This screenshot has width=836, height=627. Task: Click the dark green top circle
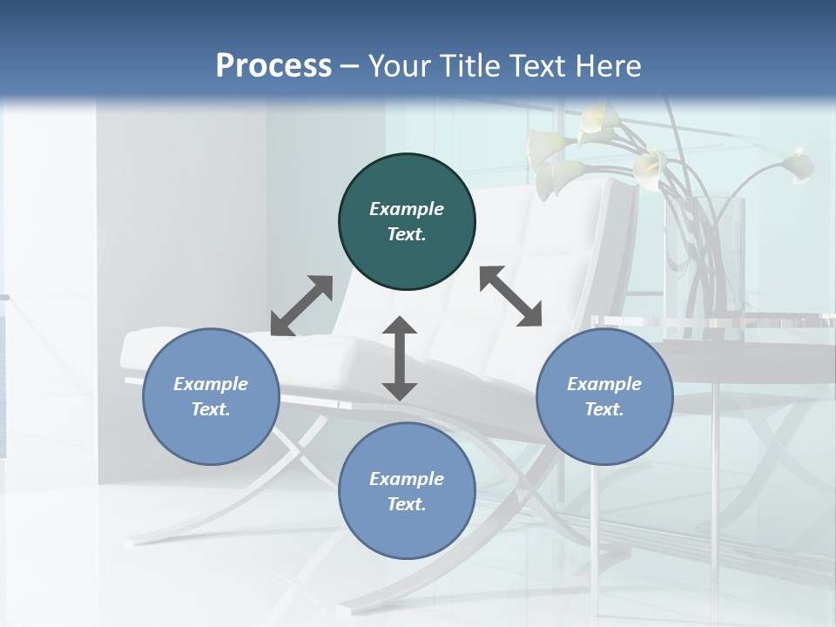pyautogui.click(x=407, y=222)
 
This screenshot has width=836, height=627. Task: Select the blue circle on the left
pyautogui.click(x=211, y=396)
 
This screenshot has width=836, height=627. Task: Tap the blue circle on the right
pyautogui.click(x=604, y=396)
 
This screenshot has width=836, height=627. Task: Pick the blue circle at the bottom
pyautogui.click(x=407, y=491)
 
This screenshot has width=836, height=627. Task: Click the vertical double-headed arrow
pyautogui.click(x=400, y=358)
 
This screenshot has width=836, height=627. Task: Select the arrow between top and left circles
pyautogui.click(x=301, y=306)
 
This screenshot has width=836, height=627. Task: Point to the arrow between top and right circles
pyautogui.click(x=510, y=296)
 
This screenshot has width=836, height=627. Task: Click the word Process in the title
pyautogui.click(x=273, y=65)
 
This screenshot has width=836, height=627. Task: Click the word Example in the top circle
pyautogui.click(x=407, y=209)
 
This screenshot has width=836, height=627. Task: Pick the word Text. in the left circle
pyautogui.click(x=211, y=409)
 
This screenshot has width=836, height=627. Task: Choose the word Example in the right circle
pyautogui.click(x=604, y=384)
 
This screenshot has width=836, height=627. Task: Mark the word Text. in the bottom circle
pyautogui.click(x=407, y=504)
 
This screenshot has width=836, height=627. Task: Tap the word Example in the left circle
pyautogui.click(x=211, y=384)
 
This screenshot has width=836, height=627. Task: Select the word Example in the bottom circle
pyautogui.click(x=407, y=479)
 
